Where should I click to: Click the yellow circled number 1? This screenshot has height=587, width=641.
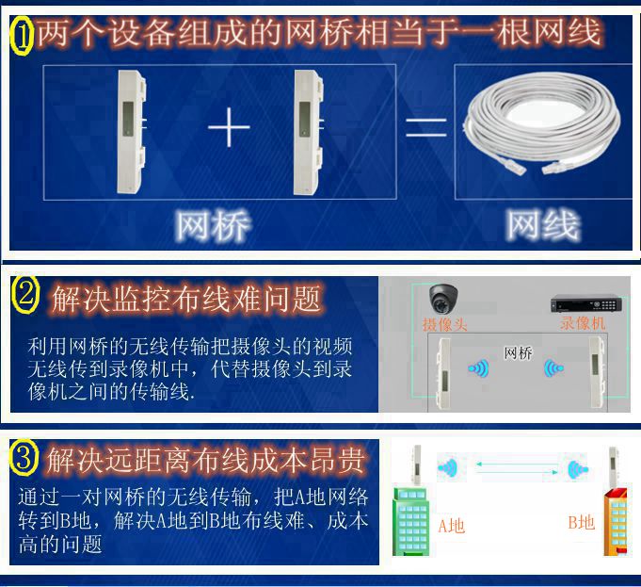[22, 35]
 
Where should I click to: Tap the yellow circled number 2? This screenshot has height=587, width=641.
[24, 295]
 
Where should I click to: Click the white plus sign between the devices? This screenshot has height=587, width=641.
[229, 127]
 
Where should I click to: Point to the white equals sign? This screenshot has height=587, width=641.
[425, 127]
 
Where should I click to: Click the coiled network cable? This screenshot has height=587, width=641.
[543, 122]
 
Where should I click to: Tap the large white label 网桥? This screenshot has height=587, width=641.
[212, 225]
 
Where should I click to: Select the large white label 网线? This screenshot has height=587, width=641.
[543, 224]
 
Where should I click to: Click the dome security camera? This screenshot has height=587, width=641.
[442, 297]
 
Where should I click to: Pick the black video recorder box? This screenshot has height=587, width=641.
[586, 302]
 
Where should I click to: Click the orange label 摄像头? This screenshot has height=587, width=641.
[445, 325]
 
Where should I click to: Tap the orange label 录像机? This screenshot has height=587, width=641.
[583, 323]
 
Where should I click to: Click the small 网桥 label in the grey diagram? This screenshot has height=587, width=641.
[518, 352]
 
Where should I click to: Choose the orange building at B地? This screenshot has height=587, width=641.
[616, 521]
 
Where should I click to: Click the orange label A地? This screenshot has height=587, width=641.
[451, 526]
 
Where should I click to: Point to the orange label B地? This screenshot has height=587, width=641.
[582, 522]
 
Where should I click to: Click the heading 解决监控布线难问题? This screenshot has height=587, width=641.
[186, 299]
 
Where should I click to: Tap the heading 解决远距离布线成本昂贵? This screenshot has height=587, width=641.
[205, 460]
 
